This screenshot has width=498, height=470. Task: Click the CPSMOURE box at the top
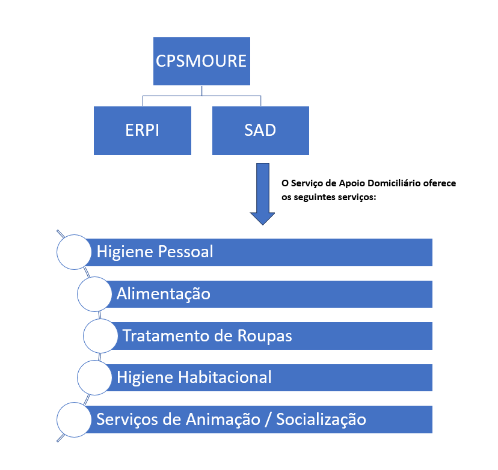pos(201,61)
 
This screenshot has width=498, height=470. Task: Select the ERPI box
pos(143,130)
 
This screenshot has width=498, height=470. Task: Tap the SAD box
pos(260,130)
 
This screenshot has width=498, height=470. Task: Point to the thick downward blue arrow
pos(262,194)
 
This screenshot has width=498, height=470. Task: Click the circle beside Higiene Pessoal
pos(74,252)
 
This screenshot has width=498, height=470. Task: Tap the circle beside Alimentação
pos(94,294)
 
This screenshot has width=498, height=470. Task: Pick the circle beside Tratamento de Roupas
pos(100,336)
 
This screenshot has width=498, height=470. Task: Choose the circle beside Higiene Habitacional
pos(94,377)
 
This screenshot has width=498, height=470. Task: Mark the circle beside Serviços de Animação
pos(74,420)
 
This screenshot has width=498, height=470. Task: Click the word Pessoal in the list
pos(185,252)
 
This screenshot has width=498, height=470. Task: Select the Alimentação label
pos(164,294)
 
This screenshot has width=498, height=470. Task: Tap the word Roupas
pos(265,336)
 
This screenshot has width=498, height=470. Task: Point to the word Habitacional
pos(225,377)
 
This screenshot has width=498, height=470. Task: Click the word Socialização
pos(321,420)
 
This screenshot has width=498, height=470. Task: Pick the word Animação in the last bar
pos(223,420)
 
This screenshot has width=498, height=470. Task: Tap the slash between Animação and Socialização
pos(268,420)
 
